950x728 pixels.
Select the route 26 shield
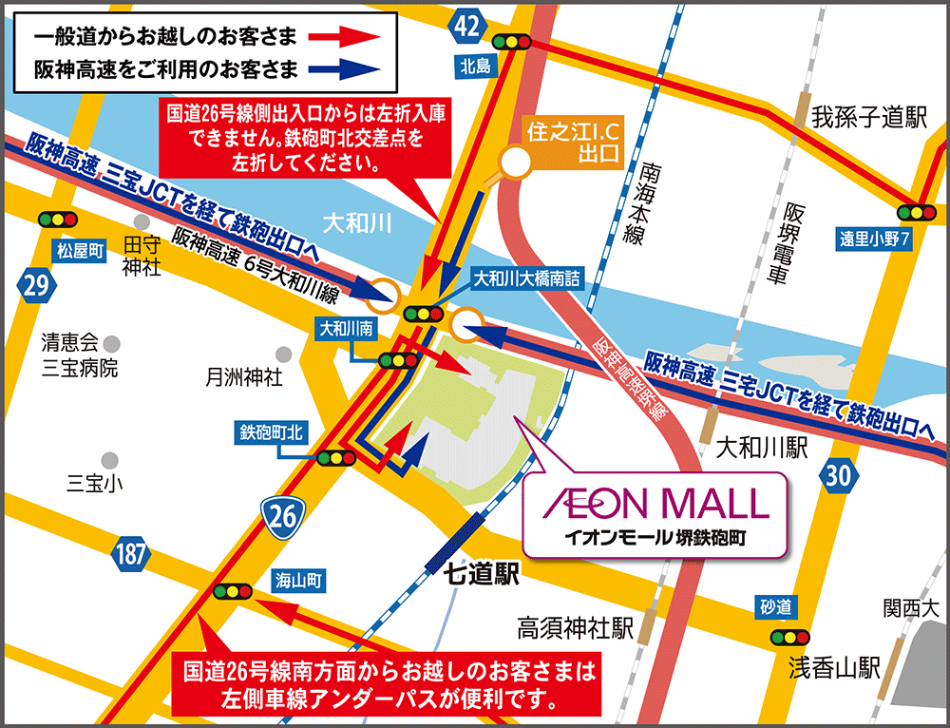pyautogui.click(x=282, y=516)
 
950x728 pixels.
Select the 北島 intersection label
pyautogui.click(x=473, y=66)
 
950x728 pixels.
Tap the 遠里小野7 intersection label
pyautogui.click(x=875, y=239)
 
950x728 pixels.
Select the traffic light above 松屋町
pyautogui.click(x=58, y=220)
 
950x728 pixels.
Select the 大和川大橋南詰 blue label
pyautogui.click(x=526, y=279)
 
